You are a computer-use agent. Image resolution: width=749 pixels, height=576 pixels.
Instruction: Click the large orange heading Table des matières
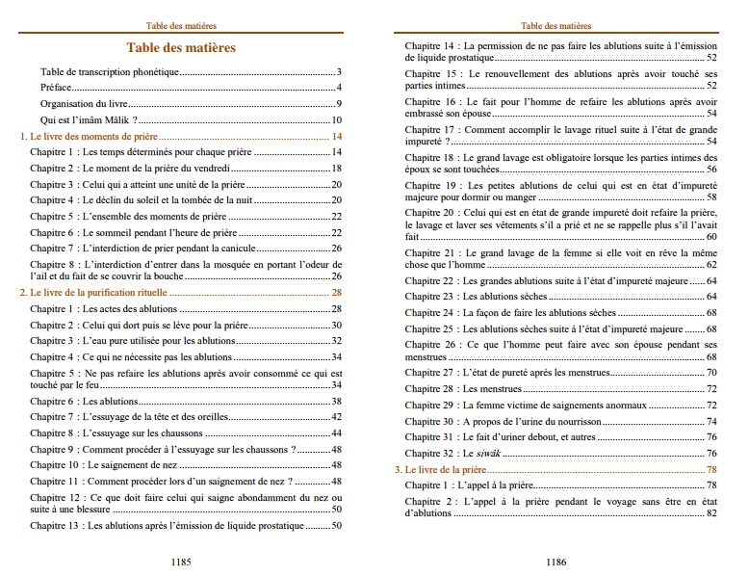click(181, 47)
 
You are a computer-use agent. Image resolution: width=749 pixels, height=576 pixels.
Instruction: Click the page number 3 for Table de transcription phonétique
click(340, 72)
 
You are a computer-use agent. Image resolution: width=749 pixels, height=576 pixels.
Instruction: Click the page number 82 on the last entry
click(711, 513)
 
